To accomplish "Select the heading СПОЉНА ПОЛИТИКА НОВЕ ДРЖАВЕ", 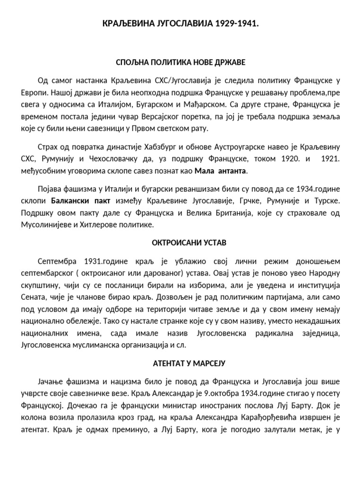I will [181, 62].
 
